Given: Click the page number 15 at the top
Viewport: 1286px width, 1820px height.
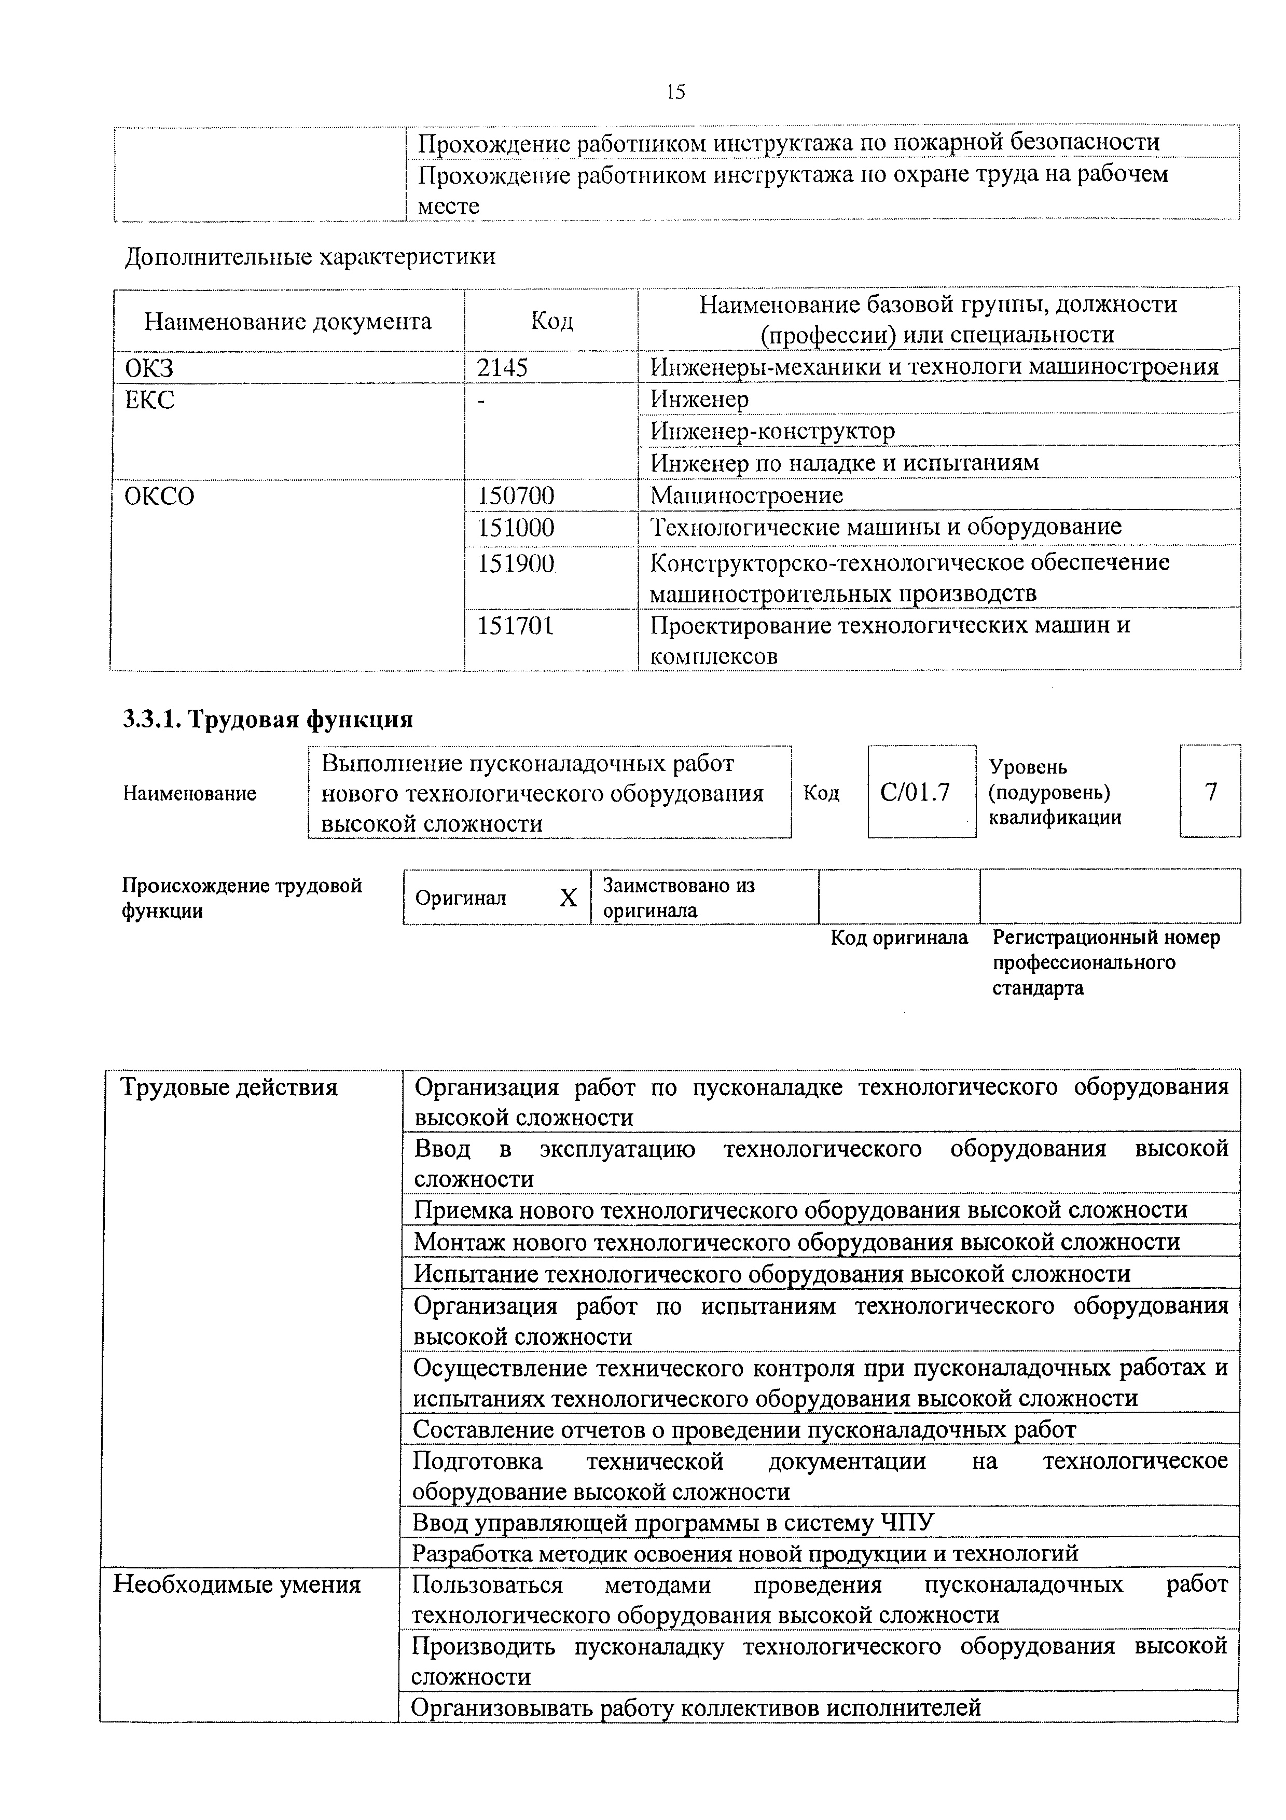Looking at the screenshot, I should pyautogui.click(x=676, y=92).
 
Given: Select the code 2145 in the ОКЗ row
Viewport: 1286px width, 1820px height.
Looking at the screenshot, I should pyautogui.click(x=502, y=368).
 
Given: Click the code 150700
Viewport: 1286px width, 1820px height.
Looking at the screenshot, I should pyautogui.click(x=516, y=496).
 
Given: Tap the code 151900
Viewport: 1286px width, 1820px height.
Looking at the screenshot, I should pyautogui.click(x=516, y=563).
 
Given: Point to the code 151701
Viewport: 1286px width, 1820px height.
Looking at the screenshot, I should pyautogui.click(x=515, y=626).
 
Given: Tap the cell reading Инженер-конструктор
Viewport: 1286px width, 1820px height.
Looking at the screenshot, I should pyautogui.click(x=772, y=431).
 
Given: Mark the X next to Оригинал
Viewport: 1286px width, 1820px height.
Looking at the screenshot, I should pyautogui.click(x=568, y=898).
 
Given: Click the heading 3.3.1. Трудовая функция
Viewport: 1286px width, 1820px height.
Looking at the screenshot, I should pyautogui.click(x=268, y=719).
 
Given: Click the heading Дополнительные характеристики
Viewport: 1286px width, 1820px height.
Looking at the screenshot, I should pyautogui.click(x=311, y=257).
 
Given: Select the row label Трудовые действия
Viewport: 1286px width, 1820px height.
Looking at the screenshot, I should pyautogui.click(x=228, y=1087).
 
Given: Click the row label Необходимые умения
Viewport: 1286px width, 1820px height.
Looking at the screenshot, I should pyautogui.click(x=237, y=1584).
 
